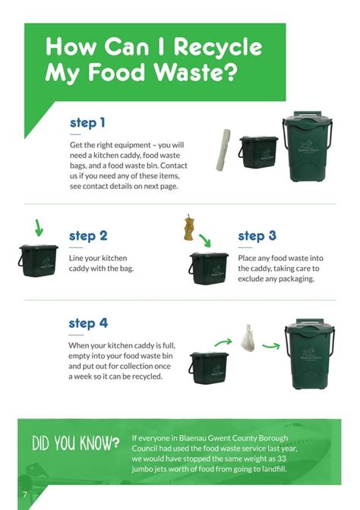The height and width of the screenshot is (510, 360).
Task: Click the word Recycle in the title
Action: [218, 49]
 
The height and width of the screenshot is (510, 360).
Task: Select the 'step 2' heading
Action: [88, 236]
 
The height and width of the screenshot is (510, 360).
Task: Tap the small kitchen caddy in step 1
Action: [257, 152]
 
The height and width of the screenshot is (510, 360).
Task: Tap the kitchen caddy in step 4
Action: [208, 367]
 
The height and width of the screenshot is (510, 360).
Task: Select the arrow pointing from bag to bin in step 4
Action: [270, 345]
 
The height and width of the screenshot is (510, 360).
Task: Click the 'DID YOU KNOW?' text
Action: [75, 443]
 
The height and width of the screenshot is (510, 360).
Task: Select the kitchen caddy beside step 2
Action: [38, 260]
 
